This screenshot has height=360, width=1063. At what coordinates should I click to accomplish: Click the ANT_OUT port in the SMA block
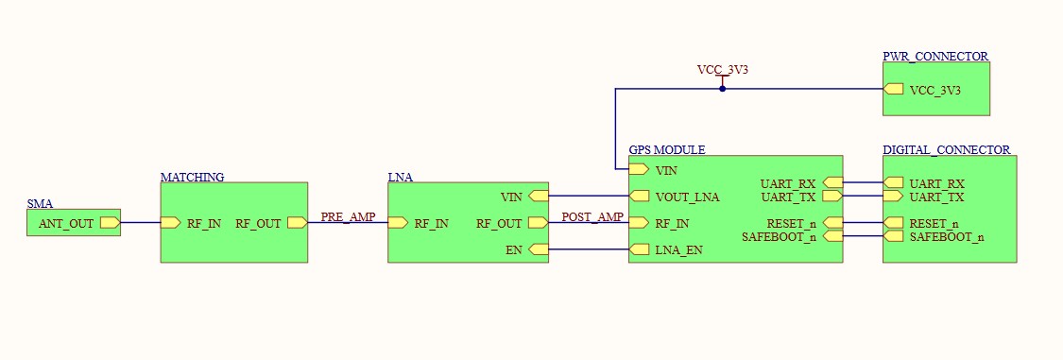tap(109, 223)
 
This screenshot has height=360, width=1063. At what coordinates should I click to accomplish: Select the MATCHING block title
tap(192, 177)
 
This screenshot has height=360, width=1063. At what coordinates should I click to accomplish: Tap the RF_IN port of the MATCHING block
tap(171, 223)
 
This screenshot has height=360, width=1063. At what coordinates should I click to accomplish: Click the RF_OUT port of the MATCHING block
tap(297, 223)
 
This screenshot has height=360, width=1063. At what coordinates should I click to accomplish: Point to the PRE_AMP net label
tap(348, 217)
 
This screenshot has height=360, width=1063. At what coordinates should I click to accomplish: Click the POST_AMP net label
tap(592, 217)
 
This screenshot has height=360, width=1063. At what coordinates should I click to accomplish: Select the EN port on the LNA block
tap(538, 249)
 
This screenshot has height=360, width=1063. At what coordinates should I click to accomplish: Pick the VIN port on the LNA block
tap(538, 197)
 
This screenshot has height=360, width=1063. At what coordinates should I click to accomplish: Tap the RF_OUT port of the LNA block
tap(538, 223)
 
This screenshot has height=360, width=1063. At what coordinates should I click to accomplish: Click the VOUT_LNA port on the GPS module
tap(640, 197)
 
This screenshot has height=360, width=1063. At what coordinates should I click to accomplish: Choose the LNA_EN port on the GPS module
tap(640, 249)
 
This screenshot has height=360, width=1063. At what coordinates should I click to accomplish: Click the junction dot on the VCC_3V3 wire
tap(722, 89)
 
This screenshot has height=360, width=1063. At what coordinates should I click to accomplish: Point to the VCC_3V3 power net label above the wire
tap(722, 70)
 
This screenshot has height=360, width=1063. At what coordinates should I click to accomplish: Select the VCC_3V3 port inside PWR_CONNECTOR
tap(893, 90)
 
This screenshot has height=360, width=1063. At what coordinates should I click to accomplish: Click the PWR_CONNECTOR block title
tap(935, 57)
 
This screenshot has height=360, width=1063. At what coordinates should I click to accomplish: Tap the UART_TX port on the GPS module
tap(832, 197)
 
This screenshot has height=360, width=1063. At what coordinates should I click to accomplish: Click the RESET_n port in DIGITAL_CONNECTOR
tap(893, 223)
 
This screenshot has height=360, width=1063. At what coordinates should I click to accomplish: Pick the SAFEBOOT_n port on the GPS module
tap(832, 236)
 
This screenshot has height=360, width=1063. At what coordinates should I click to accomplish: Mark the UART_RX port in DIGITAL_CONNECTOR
tap(893, 183)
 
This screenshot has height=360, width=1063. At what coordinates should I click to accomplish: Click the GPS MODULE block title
tap(667, 150)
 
